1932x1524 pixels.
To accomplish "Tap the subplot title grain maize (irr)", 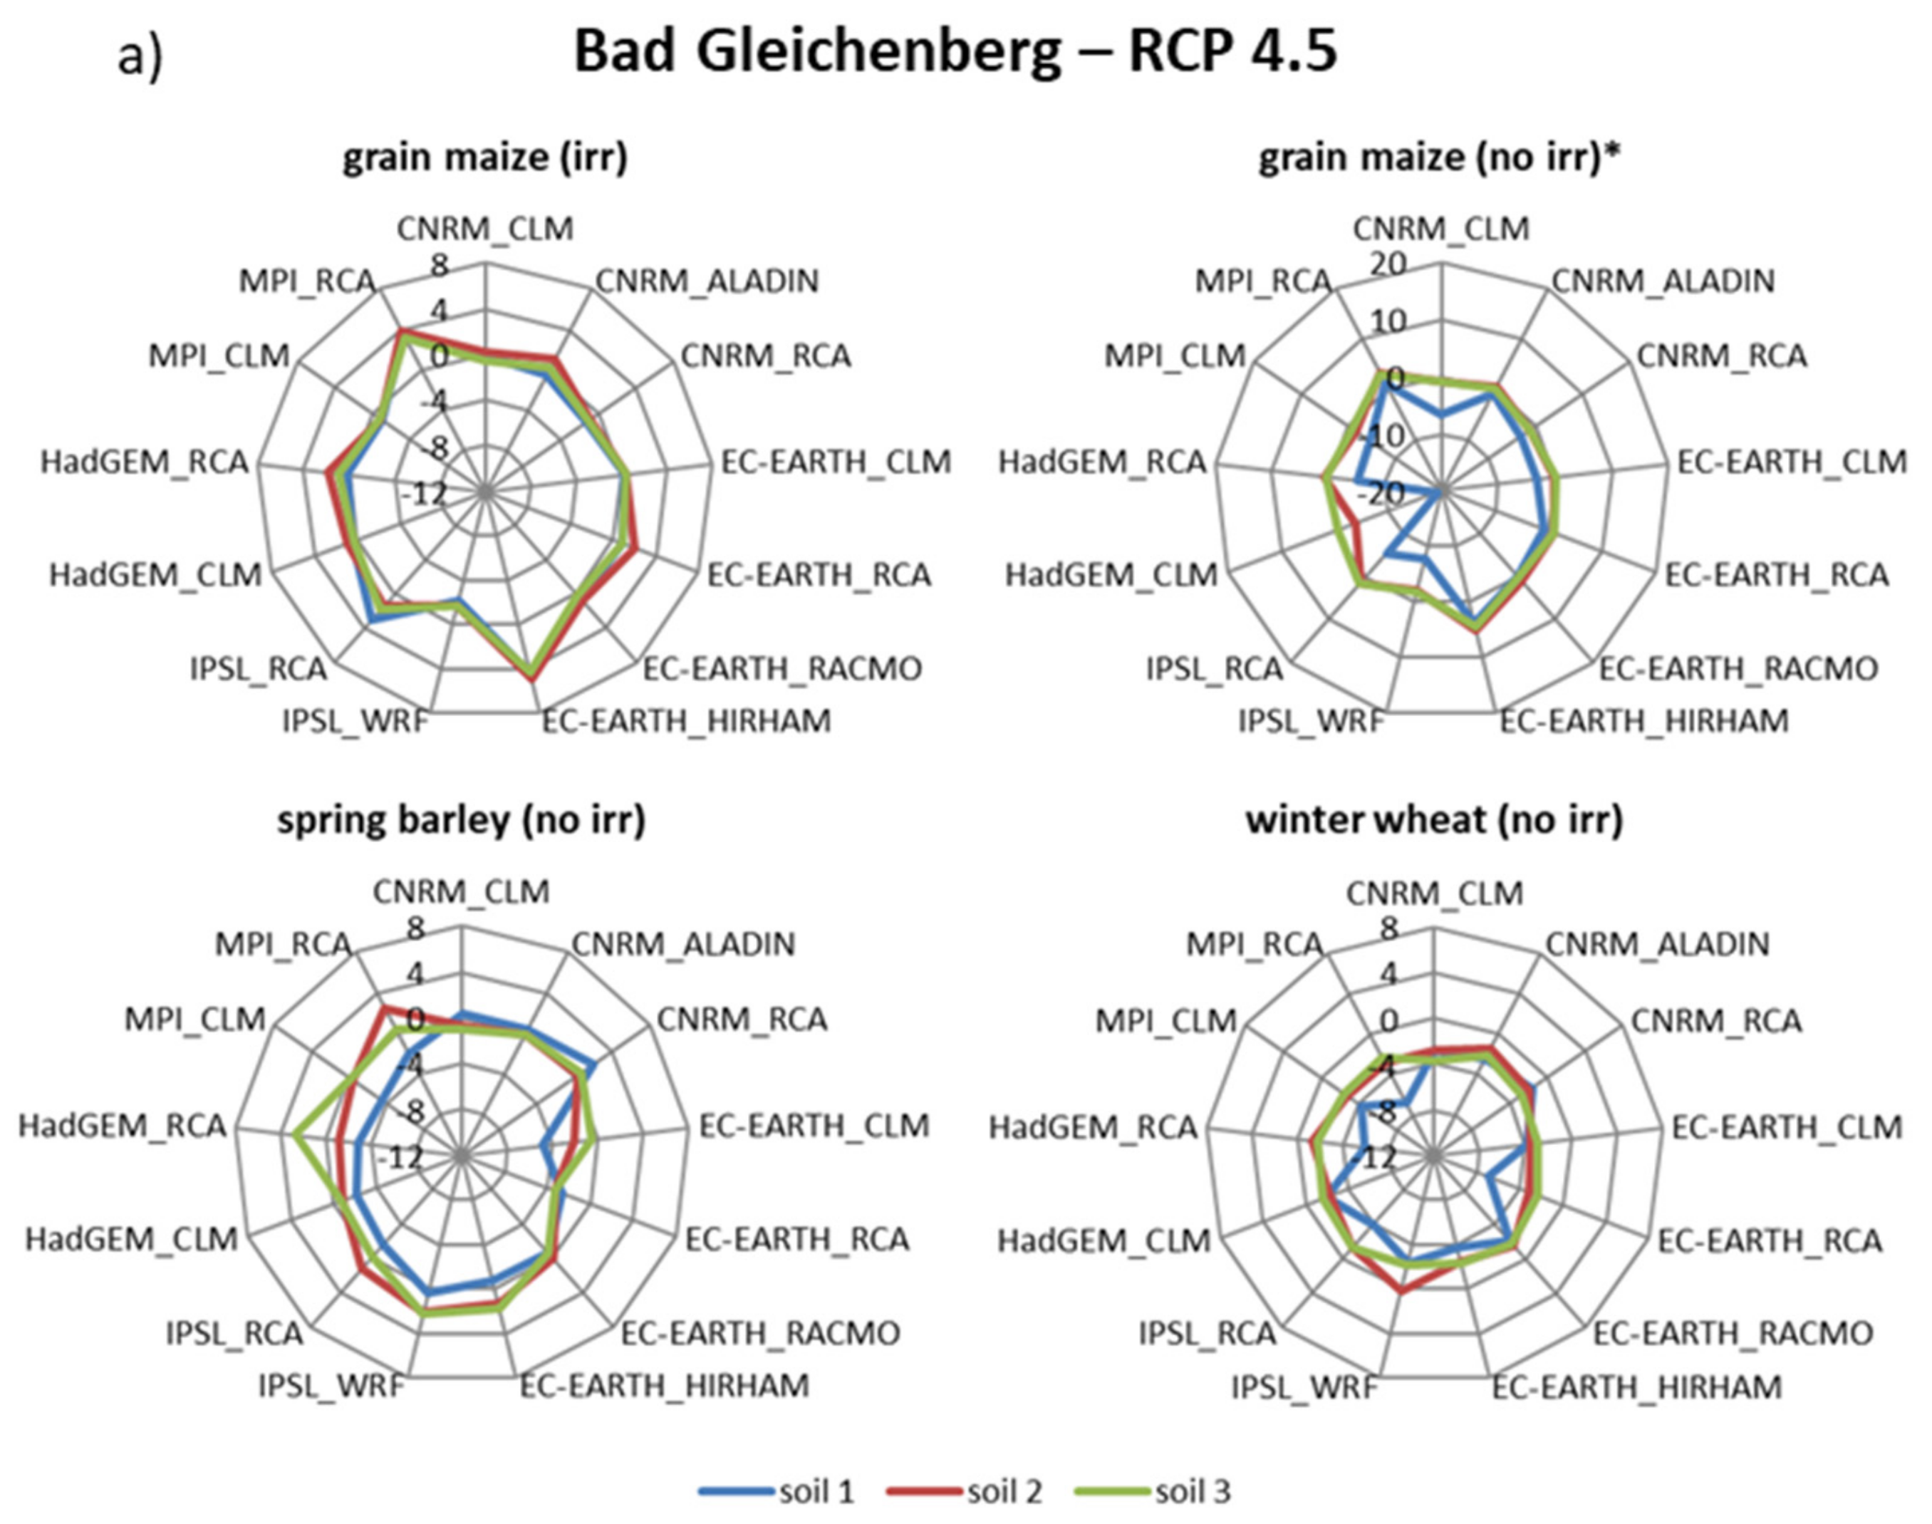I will tap(485, 157).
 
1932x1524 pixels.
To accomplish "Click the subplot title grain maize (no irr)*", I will tap(1439, 157).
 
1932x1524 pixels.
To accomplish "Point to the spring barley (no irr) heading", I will tap(461, 819).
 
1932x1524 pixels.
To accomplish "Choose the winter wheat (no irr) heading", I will tap(1434, 819).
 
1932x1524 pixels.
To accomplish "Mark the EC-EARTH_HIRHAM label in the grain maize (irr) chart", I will tap(687, 720).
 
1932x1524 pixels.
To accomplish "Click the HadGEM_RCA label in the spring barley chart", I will tap(123, 1126).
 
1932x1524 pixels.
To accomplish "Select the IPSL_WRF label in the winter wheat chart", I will tap(1304, 1386).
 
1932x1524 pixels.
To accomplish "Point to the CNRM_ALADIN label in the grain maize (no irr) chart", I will tap(1663, 281).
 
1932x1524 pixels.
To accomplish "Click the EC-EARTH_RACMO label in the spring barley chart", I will tap(761, 1333).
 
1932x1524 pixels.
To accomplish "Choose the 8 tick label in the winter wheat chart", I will tap(1388, 929).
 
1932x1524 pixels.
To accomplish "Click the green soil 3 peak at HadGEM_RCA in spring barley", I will tap(295, 1136).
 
